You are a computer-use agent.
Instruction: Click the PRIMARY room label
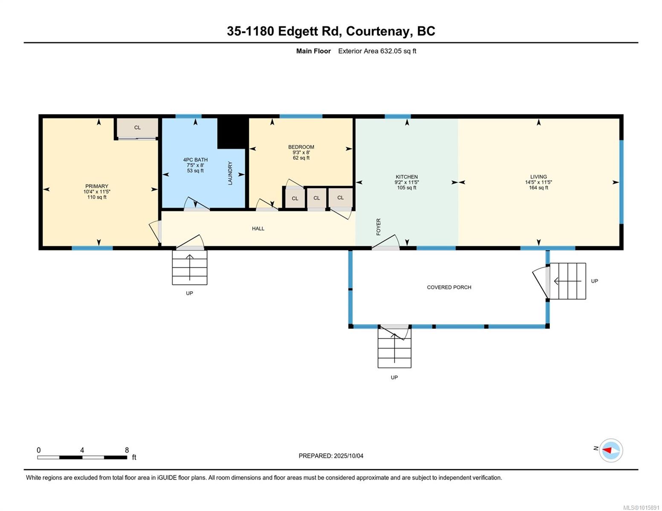[x=97, y=186]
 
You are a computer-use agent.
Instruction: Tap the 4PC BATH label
[x=195, y=160]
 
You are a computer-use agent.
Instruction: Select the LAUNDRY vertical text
[x=230, y=173]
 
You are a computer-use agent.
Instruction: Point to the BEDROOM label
[x=301, y=147]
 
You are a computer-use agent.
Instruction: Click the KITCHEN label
[x=407, y=177]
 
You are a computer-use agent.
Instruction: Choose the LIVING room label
[x=538, y=177]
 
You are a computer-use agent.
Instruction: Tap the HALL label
[x=258, y=229]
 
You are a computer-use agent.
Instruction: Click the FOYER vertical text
[x=379, y=227]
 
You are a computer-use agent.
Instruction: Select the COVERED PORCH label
[x=449, y=287]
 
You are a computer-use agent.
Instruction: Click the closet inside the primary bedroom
[x=137, y=128]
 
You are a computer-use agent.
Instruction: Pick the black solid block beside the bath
[x=233, y=133]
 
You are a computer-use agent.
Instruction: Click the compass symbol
[x=611, y=451]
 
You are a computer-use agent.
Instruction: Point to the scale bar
[x=82, y=457]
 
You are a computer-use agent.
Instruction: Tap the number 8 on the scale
[x=127, y=450]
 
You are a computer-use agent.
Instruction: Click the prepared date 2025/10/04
[x=349, y=456]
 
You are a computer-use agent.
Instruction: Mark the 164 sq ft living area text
[x=538, y=188]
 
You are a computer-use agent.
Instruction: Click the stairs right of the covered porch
[x=568, y=281]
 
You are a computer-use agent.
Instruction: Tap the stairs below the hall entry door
[x=190, y=267]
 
